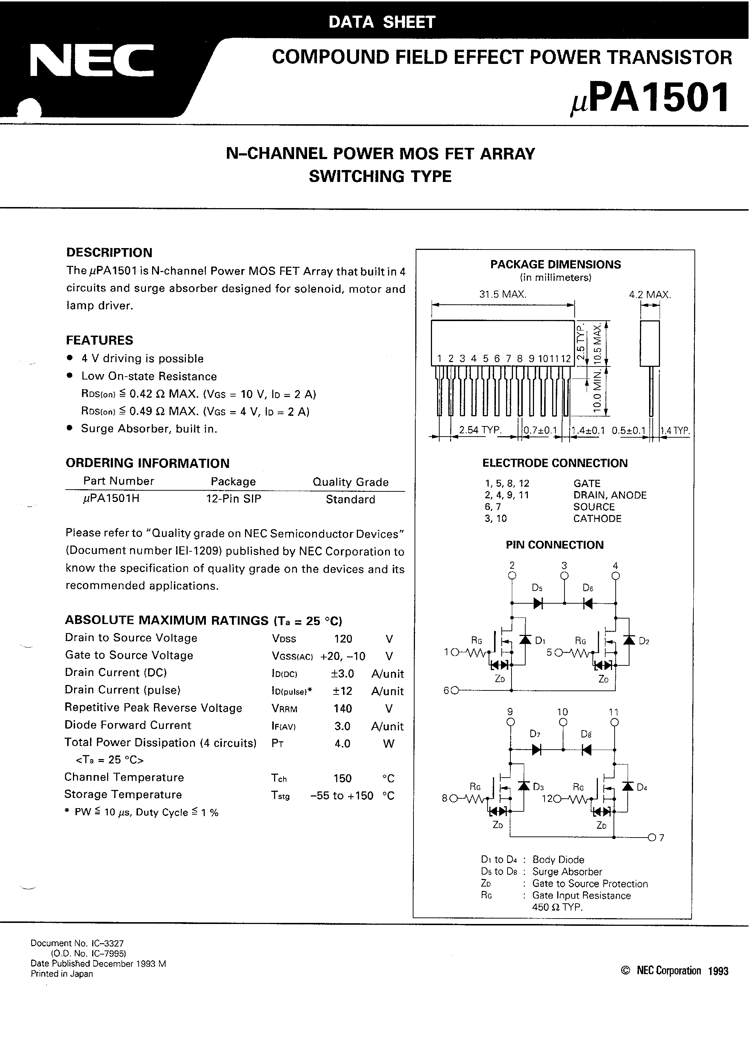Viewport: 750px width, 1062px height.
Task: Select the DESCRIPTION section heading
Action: pyautogui.click(x=109, y=252)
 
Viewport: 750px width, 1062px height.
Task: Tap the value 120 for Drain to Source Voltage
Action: pyautogui.click(x=343, y=639)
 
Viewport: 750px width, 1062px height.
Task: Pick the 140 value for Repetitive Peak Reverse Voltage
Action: pyautogui.click(x=343, y=709)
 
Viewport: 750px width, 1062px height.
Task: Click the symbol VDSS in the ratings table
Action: pyautogui.click(x=284, y=639)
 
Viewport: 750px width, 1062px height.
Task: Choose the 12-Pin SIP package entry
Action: pyautogui.click(x=233, y=499)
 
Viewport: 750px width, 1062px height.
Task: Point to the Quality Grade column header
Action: pyautogui.click(x=350, y=482)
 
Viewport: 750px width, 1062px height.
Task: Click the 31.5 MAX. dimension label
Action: pyautogui.click(x=502, y=294)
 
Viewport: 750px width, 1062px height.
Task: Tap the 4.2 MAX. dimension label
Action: pyautogui.click(x=650, y=295)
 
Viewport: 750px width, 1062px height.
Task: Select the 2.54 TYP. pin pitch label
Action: pyautogui.click(x=480, y=430)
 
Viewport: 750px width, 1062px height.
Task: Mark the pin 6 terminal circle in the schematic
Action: pyautogui.click(x=455, y=690)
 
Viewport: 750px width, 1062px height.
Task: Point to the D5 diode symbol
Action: pyautogui.click(x=538, y=603)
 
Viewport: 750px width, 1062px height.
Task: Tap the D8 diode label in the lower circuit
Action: pyautogui.click(x=586, y=734)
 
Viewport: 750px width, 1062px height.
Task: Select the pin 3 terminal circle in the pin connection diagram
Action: pyautogui.click(x=564, y=576)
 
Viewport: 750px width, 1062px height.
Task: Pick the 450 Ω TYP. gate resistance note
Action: pyautogui.click(x=557, y=907)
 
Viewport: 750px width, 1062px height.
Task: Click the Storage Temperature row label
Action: pyautogui.click(x=123, y=795)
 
